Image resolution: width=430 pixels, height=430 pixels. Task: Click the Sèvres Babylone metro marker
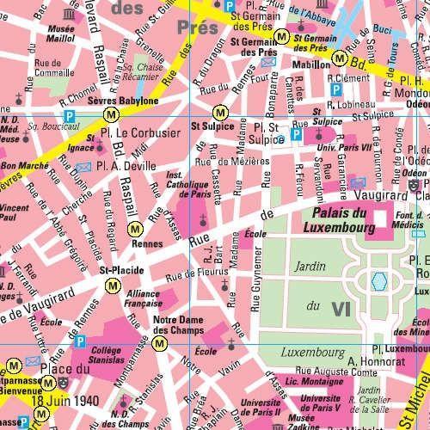[x=109, y=114]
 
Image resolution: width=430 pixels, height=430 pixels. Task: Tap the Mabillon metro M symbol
[x=341, y=58]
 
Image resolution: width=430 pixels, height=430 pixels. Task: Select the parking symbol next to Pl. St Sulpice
[x=296, y=134]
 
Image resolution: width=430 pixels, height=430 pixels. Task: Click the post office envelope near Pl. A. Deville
[x=83, y=167]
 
